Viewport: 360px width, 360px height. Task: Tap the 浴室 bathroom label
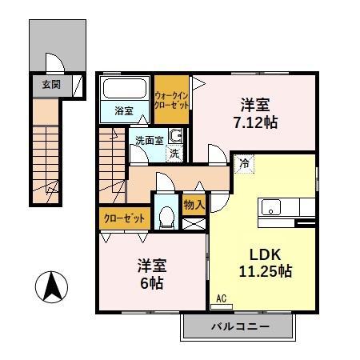[123, 110]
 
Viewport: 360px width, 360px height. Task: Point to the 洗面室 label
[149, 141]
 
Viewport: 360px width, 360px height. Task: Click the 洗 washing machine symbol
[174, 151]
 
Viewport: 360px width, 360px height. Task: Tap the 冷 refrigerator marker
[242, 163]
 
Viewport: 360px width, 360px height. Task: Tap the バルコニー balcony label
[241, 327]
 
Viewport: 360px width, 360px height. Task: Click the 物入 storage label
[194, 204]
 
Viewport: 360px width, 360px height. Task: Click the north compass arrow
[53, 285]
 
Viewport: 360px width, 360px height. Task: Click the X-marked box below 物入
[194, 223]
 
